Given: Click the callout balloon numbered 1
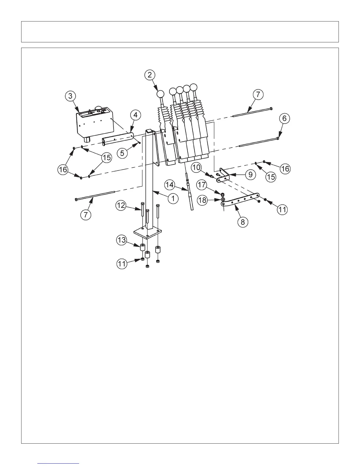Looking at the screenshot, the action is (x=173, y=198).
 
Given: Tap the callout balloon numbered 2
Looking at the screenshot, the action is (x=150, y=75).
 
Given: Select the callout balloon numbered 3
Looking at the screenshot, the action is (x=70, y=96).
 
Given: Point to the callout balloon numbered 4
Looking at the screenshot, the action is (x=135, y=115).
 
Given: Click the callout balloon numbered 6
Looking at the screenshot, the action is (x=284, y=119).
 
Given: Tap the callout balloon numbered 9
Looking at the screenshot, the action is (x=250, y=175).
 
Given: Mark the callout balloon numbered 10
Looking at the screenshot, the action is (x=197, y=168).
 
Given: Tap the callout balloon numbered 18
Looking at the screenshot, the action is (x=202, y=200).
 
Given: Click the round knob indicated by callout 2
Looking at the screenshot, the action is (x=161, y=94).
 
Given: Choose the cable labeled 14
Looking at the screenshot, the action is (x=189, y=194).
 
